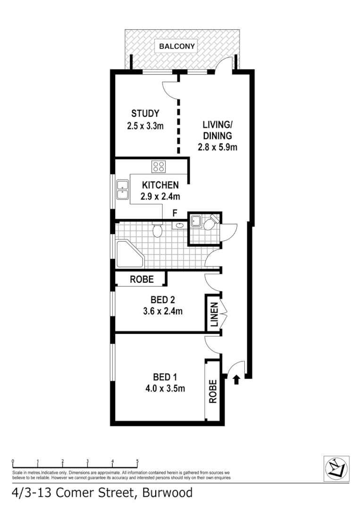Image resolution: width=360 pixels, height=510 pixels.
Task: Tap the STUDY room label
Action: coord(145,113)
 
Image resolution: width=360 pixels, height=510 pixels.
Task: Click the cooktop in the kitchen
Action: coord(159,166)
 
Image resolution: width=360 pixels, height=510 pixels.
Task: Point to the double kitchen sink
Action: coord(123,189)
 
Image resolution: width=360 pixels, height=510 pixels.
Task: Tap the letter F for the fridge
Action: coord(175,213)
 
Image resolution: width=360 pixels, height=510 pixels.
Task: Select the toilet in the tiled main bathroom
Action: coord(158,230)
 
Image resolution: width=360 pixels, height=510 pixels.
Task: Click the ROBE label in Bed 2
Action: coord(142,279)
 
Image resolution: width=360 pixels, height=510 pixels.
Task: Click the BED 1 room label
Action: coord(165,377)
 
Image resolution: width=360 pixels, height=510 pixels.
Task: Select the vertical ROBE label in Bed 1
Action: coord(213,391)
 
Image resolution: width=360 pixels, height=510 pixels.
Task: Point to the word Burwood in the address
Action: coord(166,493)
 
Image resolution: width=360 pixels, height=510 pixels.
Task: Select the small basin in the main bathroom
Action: coord(180,226)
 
